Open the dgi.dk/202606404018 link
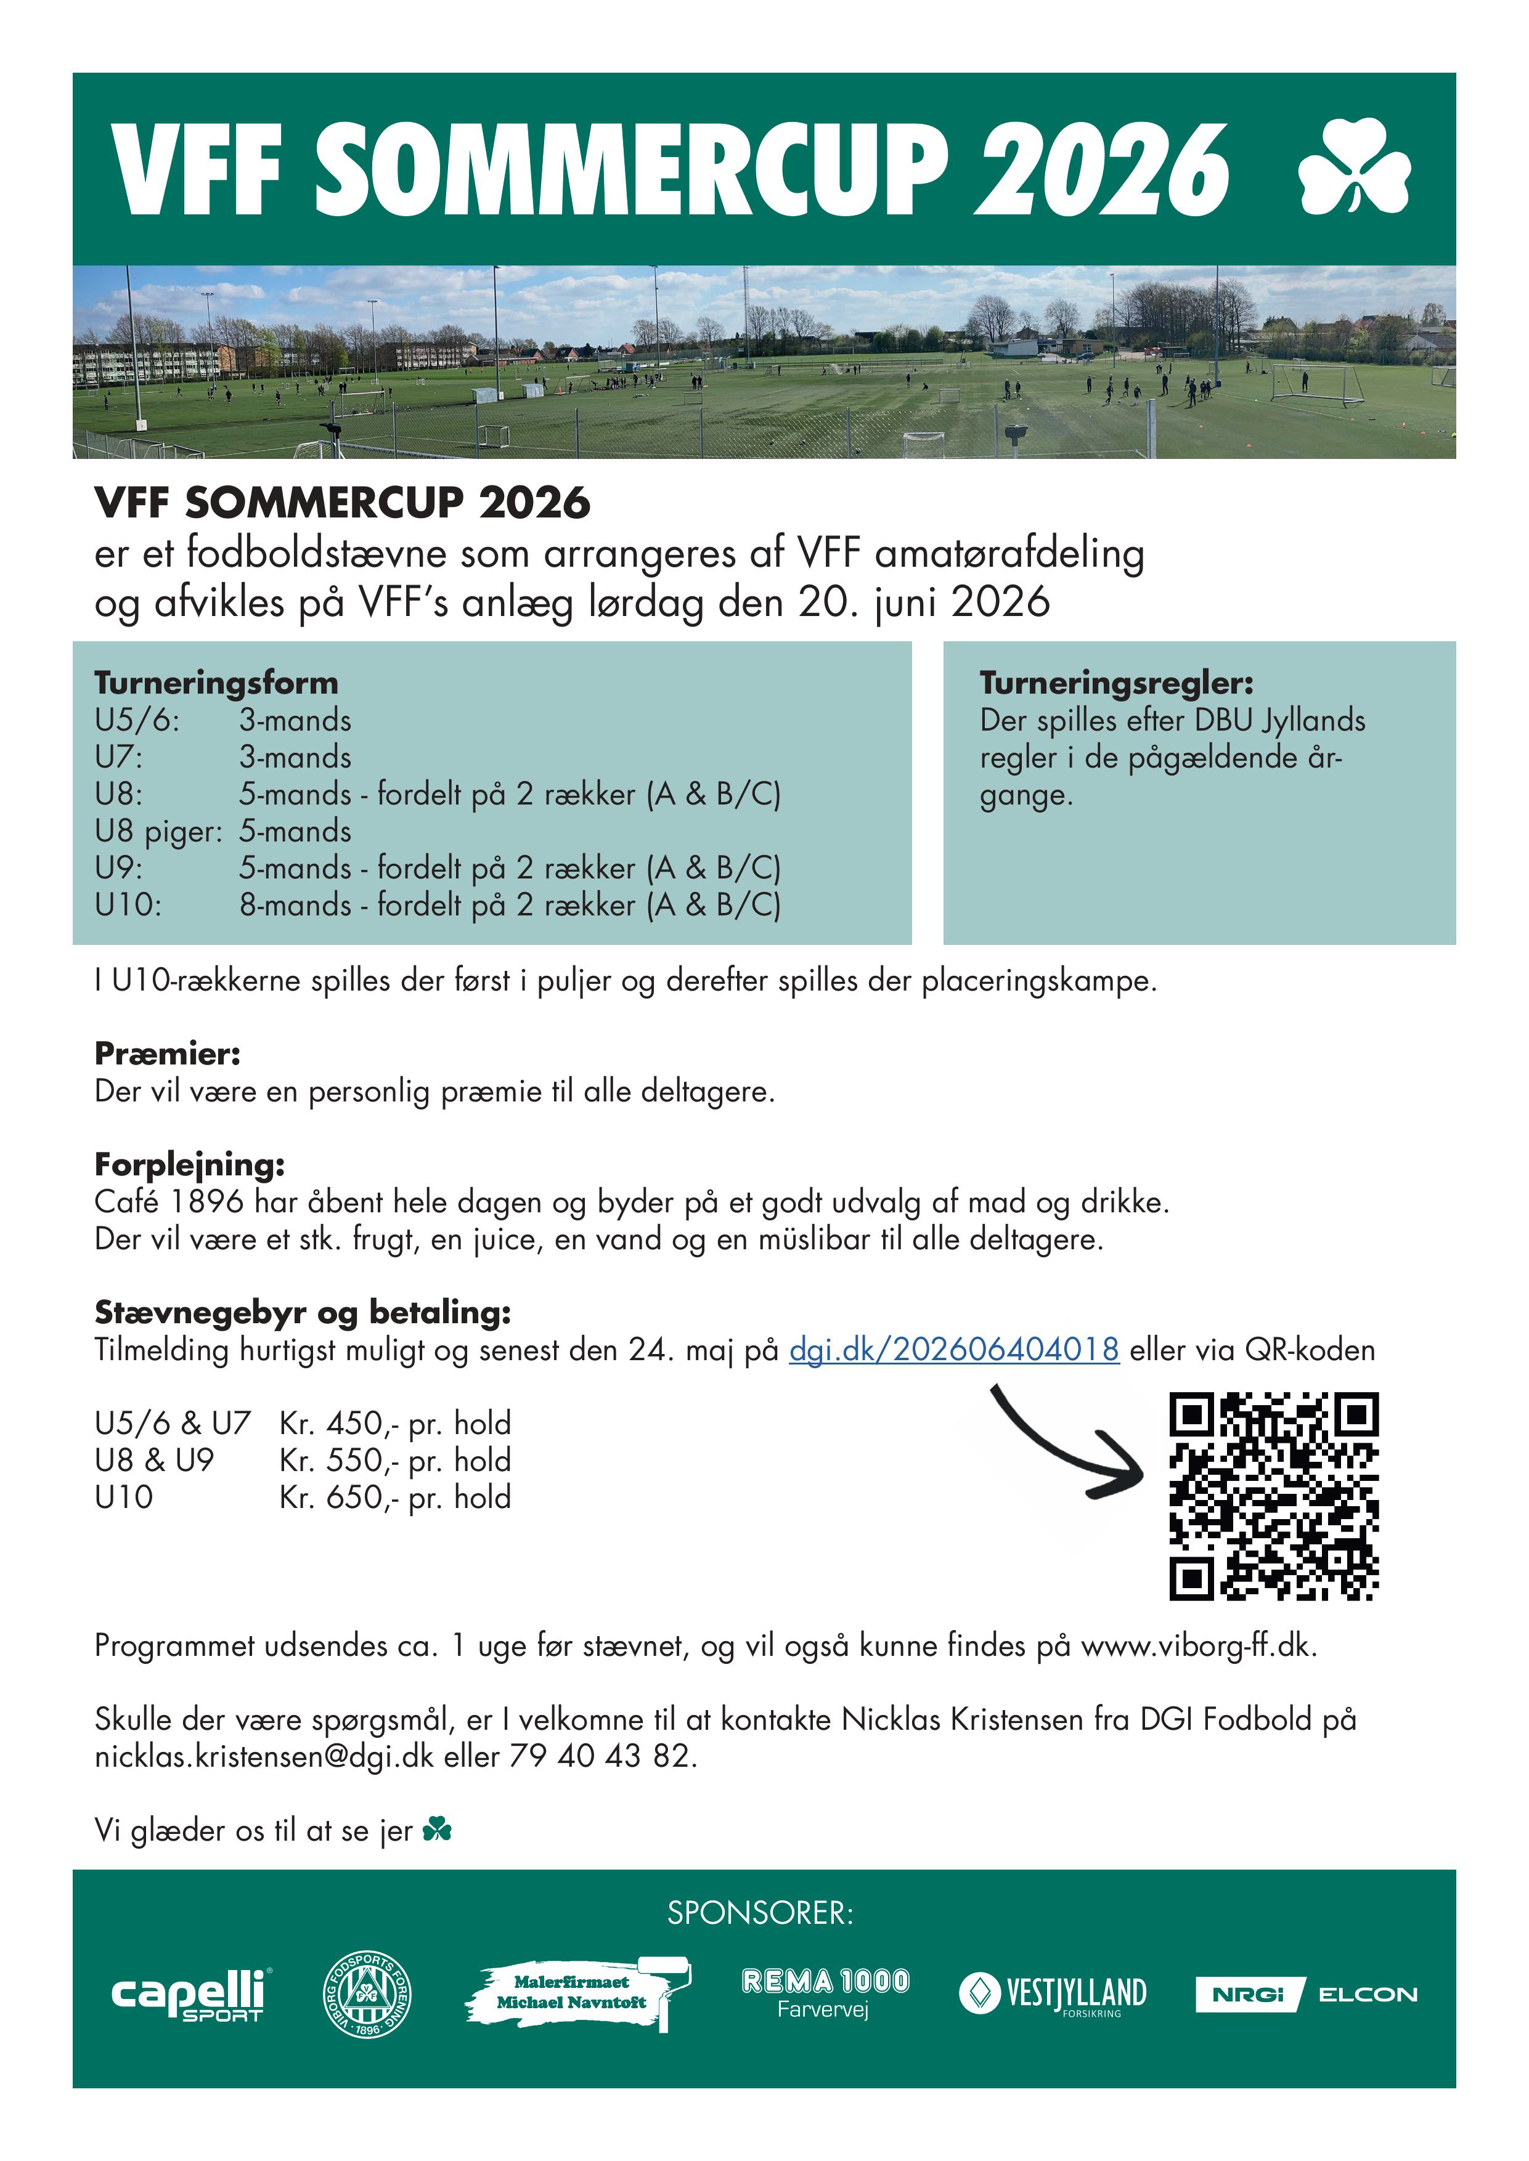[954, 1350]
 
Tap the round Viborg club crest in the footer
[367, 1993]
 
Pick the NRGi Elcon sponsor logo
[1306, 1993]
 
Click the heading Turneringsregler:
[1115, 683]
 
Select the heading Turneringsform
[216, 683]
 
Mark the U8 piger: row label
[158, 831]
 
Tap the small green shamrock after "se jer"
[438, 1830]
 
